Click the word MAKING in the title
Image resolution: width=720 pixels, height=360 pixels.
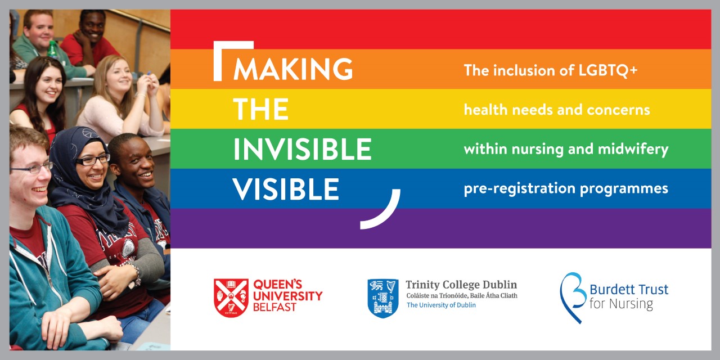[293, 69]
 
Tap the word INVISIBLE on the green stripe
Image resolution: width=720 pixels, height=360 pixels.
[303, 149]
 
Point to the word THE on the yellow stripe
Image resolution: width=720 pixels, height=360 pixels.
[260, 109]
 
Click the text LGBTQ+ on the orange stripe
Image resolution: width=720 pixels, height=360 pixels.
[608, 70]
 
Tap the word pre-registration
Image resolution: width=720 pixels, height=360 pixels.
[519, 188]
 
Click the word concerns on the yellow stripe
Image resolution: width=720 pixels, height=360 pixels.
[618, 110]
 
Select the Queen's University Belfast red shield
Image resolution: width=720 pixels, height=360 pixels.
[231, 298]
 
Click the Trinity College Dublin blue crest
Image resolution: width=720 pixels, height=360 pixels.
[383, 298]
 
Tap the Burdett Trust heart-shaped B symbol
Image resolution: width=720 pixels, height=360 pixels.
[572, 298]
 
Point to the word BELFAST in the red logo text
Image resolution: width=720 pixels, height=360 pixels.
[274, 308]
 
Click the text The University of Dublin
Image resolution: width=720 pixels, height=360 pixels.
[441, 305]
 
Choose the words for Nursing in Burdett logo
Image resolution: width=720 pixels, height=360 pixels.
[621, 304]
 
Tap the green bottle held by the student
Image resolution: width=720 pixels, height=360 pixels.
[52, 51]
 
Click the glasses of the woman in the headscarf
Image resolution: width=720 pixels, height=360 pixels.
[93, 160]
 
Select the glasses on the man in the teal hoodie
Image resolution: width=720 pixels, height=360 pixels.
[31, 168]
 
